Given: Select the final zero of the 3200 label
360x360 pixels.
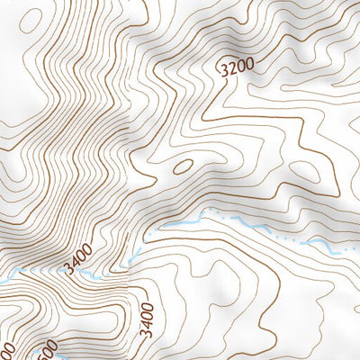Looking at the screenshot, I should click(x=250, y=58).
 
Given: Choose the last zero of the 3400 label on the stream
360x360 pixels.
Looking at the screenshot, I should click(x=90, y=253).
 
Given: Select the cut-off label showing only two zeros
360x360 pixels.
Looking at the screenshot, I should click(x=7, y=350).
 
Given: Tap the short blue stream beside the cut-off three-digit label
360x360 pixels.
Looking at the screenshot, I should click(x=63, y=356).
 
